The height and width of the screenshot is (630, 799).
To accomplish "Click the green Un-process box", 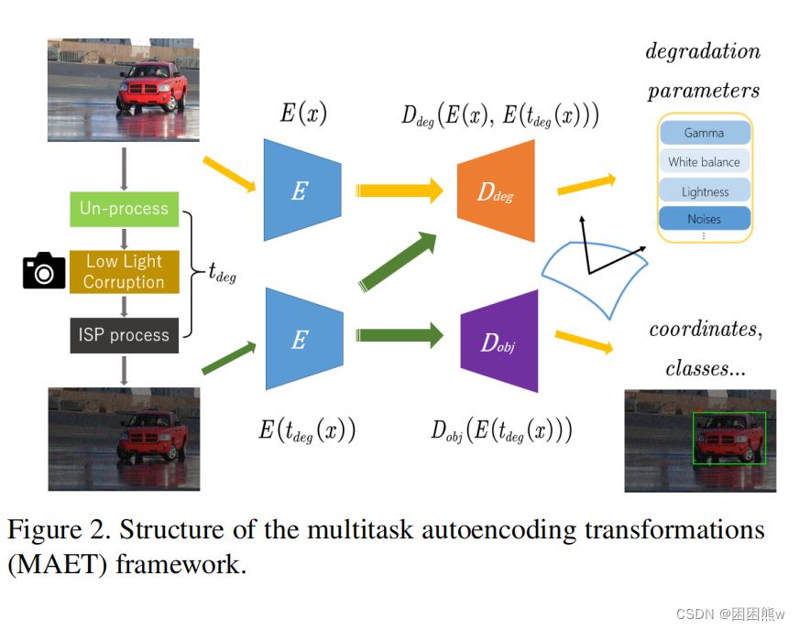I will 124,209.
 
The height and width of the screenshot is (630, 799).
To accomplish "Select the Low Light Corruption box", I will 124,272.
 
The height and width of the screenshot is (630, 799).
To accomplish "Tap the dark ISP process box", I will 124,335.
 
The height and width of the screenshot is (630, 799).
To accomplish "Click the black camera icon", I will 44,271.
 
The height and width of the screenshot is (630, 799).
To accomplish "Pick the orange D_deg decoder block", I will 496,193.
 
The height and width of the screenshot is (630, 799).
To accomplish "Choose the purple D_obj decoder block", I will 498,342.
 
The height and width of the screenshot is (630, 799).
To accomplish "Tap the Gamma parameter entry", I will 704,134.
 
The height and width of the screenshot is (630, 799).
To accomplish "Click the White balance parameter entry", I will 704,162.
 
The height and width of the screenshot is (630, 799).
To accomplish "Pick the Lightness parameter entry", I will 704,191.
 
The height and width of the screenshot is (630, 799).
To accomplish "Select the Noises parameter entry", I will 704,220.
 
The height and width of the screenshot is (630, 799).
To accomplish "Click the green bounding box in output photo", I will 728,438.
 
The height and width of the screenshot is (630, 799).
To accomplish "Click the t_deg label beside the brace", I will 221,273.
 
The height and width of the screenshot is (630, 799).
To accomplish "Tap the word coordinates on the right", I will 703,330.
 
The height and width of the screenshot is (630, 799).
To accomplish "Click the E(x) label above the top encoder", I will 303,114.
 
